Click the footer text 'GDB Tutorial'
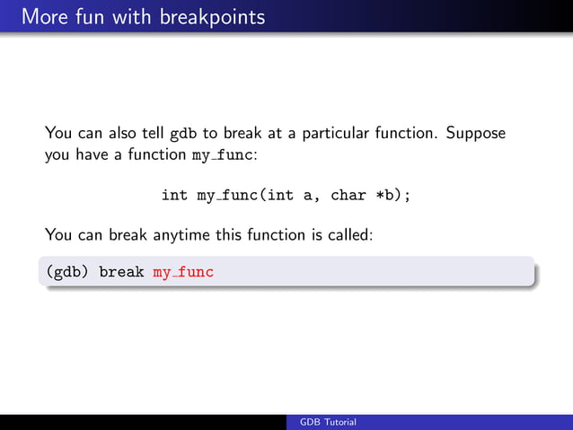pos(328,422)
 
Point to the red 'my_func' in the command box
pos(183,271)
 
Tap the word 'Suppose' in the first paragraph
pos(476,134)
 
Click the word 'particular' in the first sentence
pos(335,134)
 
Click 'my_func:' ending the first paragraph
pos(225,154)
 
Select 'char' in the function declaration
pos(348,195)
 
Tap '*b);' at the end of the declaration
pos(392,195)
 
